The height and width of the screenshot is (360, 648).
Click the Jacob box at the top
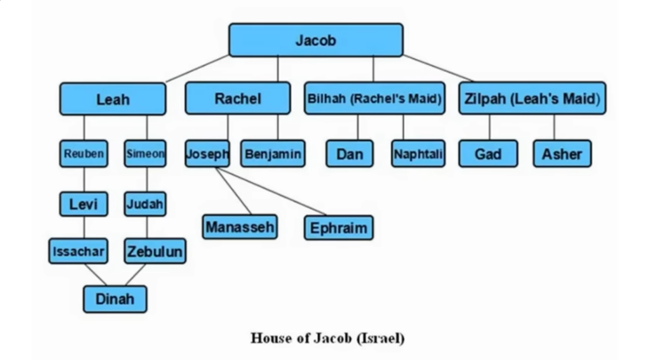(316, 40)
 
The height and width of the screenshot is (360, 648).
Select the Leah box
(113, 99)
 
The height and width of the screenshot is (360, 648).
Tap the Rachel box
(238, 98)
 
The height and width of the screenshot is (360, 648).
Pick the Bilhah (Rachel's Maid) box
(374, 98)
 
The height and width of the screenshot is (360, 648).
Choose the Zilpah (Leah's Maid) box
(532, 98)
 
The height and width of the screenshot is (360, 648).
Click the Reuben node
(84, 154)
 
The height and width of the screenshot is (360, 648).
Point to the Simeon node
(145, 154)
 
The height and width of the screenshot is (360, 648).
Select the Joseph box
(208, 154)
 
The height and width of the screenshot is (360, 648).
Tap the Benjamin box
(273, 154)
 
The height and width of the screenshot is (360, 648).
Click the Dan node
(349, 154)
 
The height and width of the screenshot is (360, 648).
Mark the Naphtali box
(418, 154)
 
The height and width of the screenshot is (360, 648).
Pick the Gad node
(488, 154)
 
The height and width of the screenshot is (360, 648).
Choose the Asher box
(561, 154)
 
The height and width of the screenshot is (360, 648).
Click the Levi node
(84, 204)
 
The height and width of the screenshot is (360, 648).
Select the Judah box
(145, 204)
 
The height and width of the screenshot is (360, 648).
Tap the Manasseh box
(240, 227)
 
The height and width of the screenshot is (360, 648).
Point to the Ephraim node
(339, 228)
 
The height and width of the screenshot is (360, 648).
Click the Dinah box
(115, 299)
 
